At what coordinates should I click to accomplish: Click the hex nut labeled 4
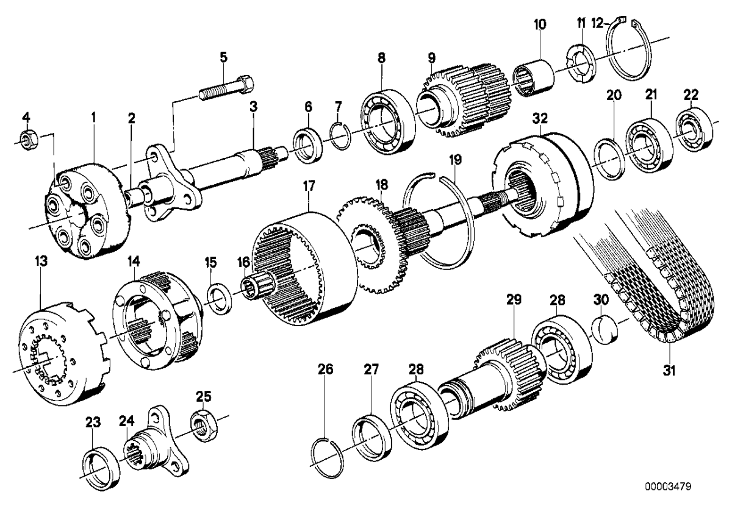tap(26, 141)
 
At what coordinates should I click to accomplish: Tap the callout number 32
tap(540, 118)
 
